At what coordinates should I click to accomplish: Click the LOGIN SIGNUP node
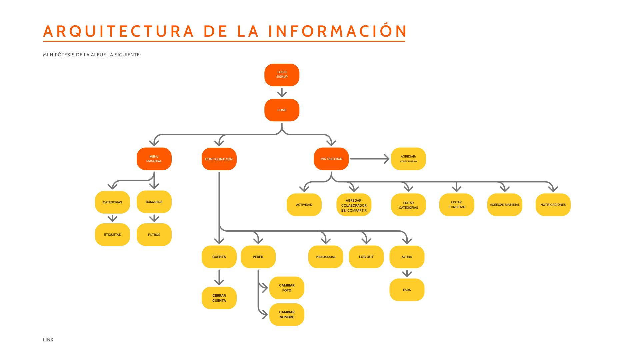click(282, 75)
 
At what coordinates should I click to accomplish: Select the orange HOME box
click(282, 110)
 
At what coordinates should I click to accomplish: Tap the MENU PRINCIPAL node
click(154, 159)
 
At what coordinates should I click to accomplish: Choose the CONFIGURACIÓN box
click(219, 159)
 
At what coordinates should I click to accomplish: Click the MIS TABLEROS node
click(331, 159)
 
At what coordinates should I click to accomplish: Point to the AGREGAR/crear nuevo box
click(408, 159)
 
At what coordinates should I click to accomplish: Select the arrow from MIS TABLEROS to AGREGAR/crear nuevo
click(369, 159)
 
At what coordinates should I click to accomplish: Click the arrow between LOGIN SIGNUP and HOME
click(282, 92)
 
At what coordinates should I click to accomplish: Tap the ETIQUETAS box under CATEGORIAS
click(112, 235)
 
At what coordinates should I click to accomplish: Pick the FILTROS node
click(154, 235)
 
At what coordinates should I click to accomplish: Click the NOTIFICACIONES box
click(553, 205)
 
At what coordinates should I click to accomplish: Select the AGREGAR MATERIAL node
click(505, 205)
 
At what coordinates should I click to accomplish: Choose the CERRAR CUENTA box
click(219, 298)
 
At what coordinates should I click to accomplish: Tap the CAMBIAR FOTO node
click(287, 288)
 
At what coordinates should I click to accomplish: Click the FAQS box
click(407, 290)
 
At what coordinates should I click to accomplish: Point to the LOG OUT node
click(366, 257)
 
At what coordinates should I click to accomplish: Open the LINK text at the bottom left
click(48, 340)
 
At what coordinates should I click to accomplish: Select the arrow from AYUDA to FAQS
click(407, 274)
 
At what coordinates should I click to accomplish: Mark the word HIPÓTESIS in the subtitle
click(62, 55)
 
